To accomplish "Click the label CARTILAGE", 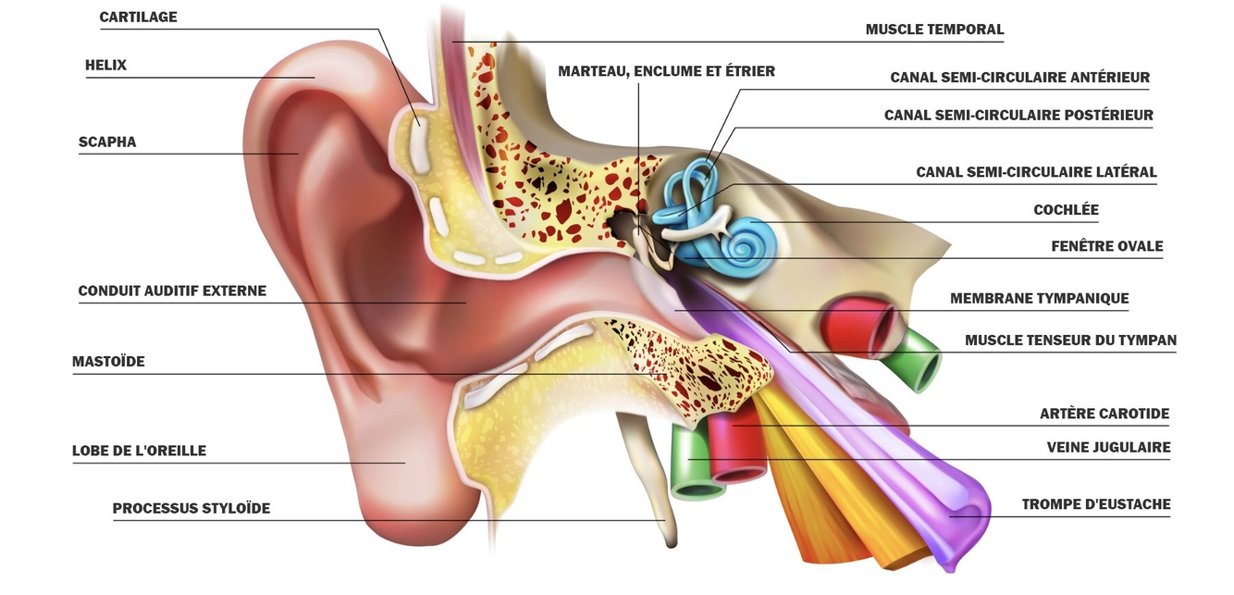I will (x=138, y=18).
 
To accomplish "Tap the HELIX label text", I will (x=105, y=66).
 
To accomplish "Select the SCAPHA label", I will (x=107, y=143).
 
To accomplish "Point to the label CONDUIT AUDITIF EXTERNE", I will (x=172, y=291).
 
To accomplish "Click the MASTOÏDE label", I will (x=108, y=362).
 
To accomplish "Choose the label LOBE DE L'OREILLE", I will (x=139, y=452).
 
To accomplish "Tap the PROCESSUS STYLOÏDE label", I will (x=191, y=509).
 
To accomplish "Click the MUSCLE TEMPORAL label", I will (x=934, y=30).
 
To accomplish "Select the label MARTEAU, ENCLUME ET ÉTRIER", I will (x=666, y=71).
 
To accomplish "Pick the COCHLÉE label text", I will (x=1066, y=210).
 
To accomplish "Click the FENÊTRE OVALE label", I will (x=1106, y=247).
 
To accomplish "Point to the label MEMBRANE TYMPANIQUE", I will (x=1039, y=299).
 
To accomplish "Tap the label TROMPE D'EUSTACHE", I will (x=1095, y=505).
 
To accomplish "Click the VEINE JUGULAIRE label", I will (x=1108, y=448).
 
